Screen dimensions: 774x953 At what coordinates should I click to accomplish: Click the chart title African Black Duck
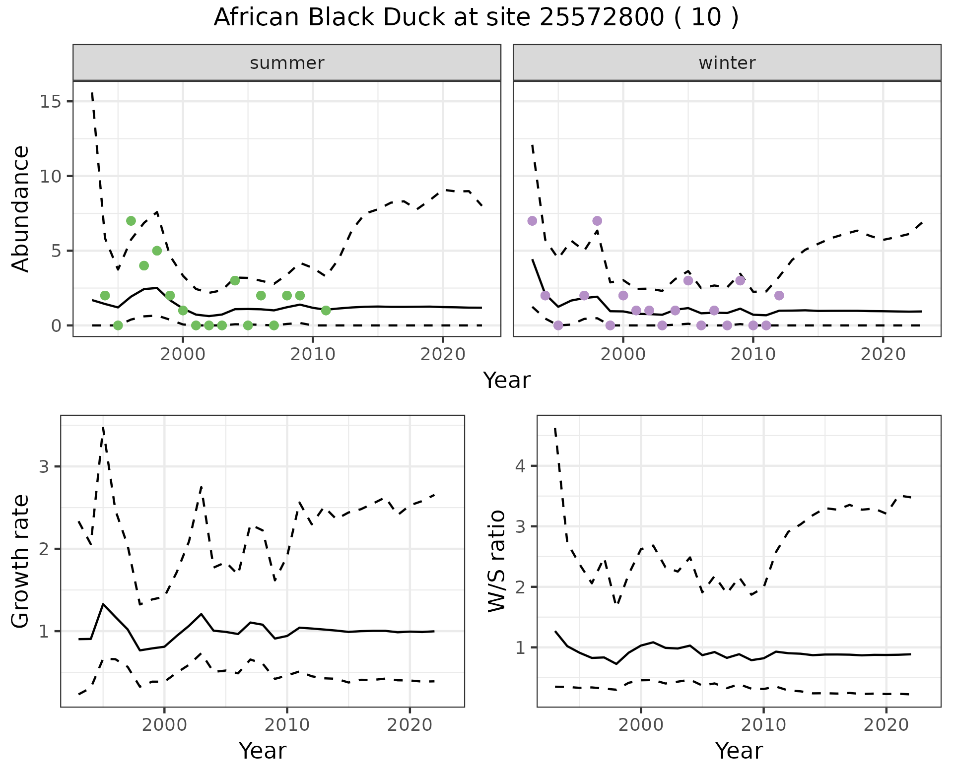(x=476, y=18)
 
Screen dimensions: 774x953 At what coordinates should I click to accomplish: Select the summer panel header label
(x=287, y=63)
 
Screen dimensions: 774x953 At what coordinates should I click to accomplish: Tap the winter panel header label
(x=727, y=63)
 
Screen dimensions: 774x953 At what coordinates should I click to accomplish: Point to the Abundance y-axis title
(x=21, y=209)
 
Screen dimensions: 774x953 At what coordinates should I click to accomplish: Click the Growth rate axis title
(x=21, y=562)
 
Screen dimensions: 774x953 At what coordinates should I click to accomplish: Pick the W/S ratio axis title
(x=497, y=562)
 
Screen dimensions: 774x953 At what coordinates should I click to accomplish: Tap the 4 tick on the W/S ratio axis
(x=520, y=466)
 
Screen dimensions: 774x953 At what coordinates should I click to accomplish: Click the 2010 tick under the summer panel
(x=313, y=355)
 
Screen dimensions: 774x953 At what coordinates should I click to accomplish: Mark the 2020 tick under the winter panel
(x=883, y=355)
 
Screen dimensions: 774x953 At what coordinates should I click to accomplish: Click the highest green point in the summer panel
(x=131, y=221)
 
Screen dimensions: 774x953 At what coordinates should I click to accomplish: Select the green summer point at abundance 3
(x=235, y=281)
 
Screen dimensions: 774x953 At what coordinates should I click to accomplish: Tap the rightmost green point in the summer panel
(x=326, y=311)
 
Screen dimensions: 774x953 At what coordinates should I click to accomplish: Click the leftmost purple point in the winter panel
(x=532, y=221)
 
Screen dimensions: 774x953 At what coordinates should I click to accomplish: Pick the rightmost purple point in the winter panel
(x=779, y=296)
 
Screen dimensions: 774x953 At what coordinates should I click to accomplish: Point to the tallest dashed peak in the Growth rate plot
(x=103, y=427)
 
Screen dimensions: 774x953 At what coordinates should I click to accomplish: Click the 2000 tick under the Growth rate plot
(x=164, y=725)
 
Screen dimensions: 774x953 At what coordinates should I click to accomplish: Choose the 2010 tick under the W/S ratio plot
(x=763, y=725)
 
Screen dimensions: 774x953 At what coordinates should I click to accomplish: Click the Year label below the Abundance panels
(x=507, y=381)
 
